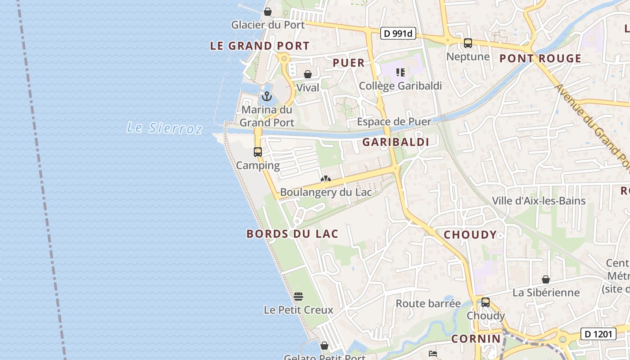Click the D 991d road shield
[x=398, y=33]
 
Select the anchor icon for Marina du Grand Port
[x=267, y=96]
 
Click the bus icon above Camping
[x=258, y=152]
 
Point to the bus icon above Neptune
[x=468, y=43]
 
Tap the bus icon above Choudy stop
[x=486, y=302]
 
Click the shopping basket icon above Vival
[x=308, y=74]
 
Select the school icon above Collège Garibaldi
[x=400, y=72]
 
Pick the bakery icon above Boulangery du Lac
[x=325, y=179]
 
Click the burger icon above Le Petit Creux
[x=298, y=297]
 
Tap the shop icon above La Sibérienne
[x=546, y=279]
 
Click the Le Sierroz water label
[x=164, y=128]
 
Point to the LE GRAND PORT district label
[x=260, y=46]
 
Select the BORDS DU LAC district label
[x=292, y=234]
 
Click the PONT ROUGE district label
[x=540, y=58]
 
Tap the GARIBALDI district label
[x=396, y=142]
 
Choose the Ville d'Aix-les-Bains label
[x=539, y=201]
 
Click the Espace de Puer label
[x=394, y=121]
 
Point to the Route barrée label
[x=428, y=303]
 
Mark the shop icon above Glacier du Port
[x=268, y=12]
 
